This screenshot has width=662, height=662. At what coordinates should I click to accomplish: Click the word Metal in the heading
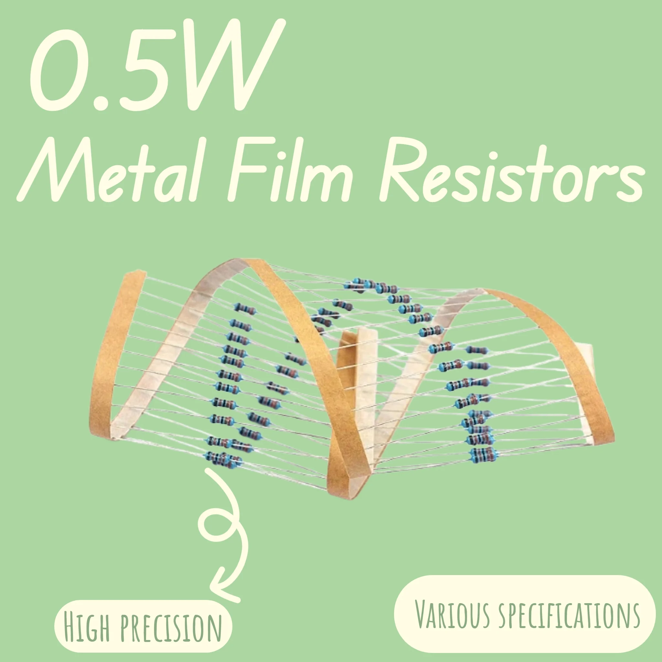pyautogui.click(x=109, y=169)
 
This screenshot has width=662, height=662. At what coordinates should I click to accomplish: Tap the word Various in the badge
pyautogui.click(x=452, y=614)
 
